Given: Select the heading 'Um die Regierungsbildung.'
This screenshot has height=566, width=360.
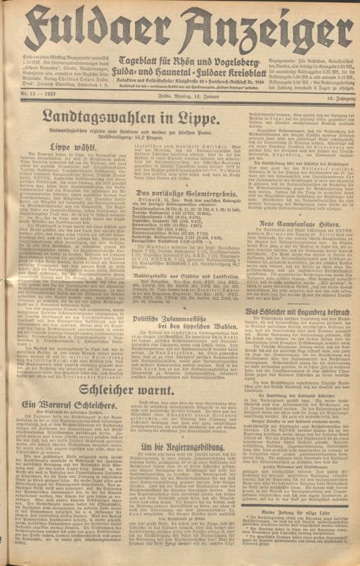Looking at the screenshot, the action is pyautogui.click(x=172, y=466).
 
